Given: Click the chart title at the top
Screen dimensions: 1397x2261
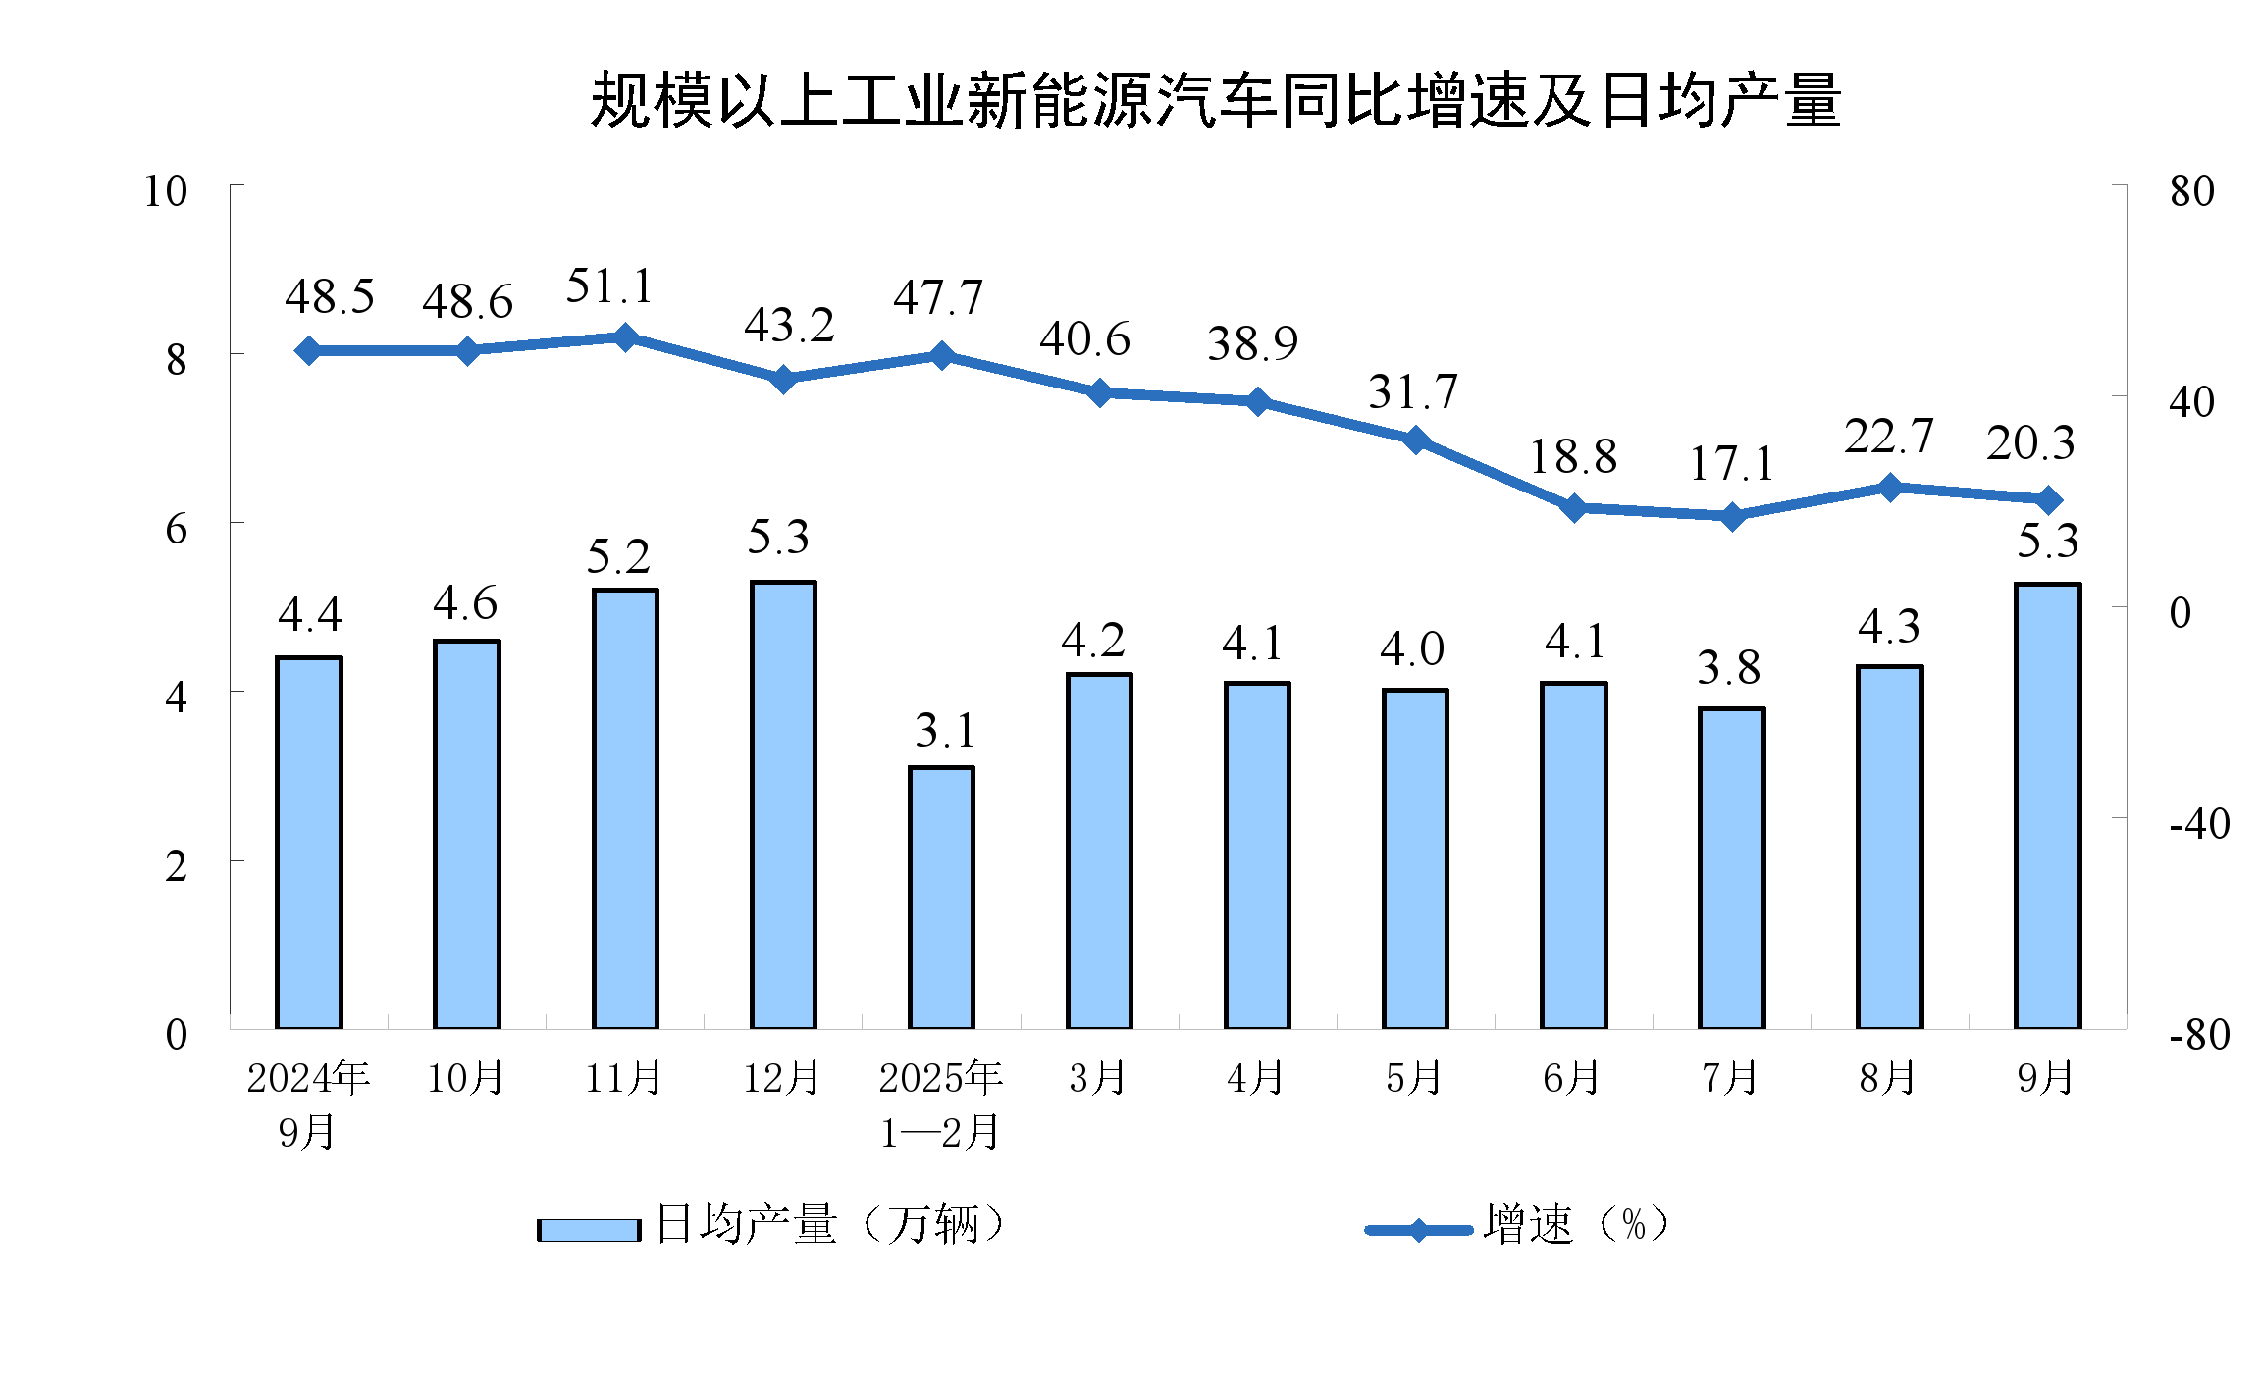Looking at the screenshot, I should point(1215,101).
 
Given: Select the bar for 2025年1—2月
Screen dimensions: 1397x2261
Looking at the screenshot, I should point(941,898).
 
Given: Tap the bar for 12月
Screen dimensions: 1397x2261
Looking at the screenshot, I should point(783,804).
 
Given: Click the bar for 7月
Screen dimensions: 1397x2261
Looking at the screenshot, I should point(1732,868).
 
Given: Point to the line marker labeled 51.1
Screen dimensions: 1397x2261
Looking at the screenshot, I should point(625,337).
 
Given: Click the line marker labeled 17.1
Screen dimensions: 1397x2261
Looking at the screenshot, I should point(1733,516).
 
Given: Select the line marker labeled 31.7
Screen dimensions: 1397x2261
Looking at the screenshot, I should point(1416,440).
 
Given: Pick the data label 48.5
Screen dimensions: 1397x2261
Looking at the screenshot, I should point(330,296).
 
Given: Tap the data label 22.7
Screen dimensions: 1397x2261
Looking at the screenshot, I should point(1889,437).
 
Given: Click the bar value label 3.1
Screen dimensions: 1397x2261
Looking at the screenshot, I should point(945,731).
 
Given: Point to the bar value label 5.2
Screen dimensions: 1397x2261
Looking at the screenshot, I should point(618,557).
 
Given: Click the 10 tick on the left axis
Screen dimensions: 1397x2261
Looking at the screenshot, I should point(165,191).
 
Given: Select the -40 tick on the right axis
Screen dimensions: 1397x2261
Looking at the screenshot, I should point(2199,824).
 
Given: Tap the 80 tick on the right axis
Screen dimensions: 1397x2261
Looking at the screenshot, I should point(2191,191).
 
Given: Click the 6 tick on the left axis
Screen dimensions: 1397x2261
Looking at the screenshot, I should point(176,529).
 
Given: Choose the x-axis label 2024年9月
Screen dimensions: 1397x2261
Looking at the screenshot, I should point(307,1105).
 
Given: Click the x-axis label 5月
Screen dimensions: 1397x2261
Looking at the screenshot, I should point(1414,1078).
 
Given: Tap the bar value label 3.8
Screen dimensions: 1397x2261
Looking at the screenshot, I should point(1729,669).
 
